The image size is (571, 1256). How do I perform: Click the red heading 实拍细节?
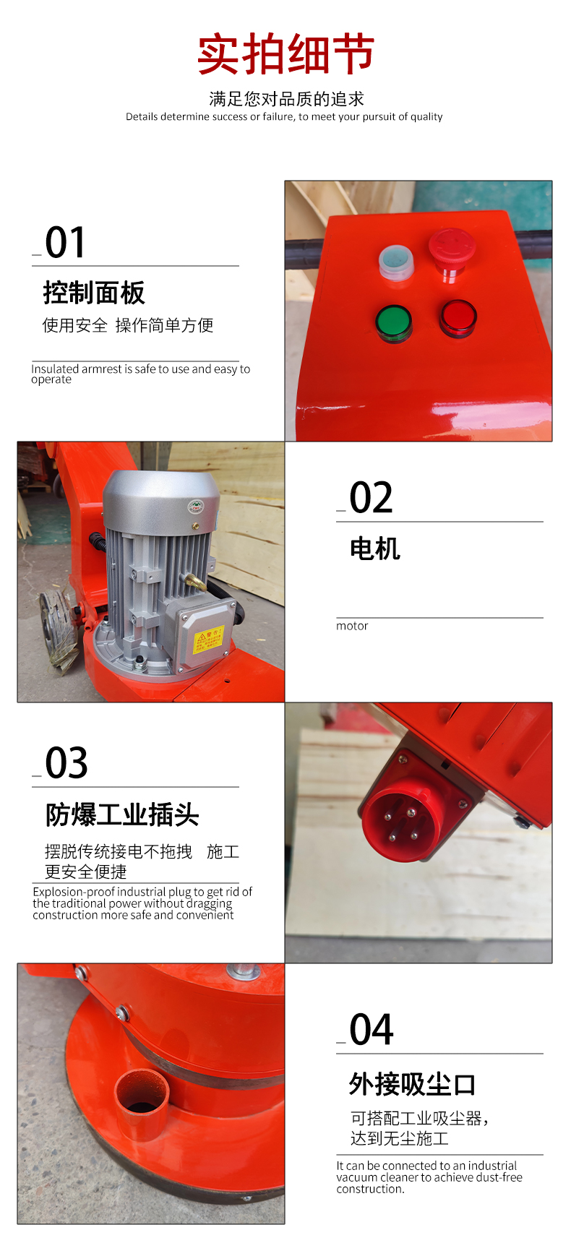(285, 53)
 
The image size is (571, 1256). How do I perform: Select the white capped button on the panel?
(396, 261)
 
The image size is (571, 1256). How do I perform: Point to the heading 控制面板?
(94, 293)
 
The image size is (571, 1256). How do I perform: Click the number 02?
(371, 498)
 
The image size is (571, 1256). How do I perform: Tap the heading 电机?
(374, 549)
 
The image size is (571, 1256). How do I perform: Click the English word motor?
(352, 626)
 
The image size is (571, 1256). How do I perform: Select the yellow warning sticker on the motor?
(209, 637)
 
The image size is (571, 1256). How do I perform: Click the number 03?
(66, 763)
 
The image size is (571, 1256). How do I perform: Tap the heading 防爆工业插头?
(122, 814)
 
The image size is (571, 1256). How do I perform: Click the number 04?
(372, 1030)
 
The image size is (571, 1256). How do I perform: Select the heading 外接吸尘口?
(412, 1084)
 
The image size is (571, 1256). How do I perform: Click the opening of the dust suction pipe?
(142, 1092)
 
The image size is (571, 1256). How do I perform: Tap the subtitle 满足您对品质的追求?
(286, 99)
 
